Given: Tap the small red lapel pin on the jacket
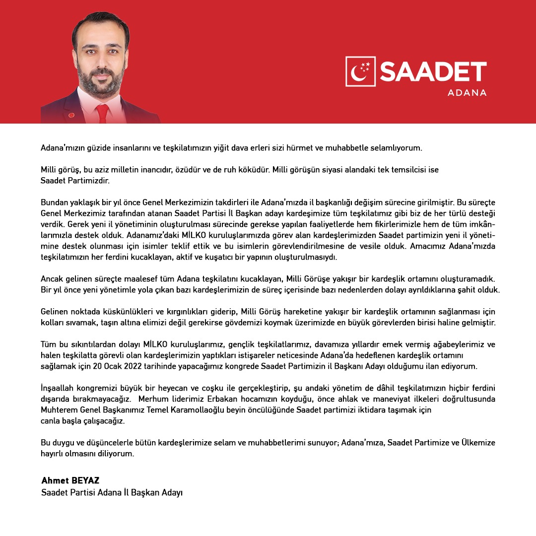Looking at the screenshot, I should [x=71, y=115].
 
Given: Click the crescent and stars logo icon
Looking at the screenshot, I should [x=361, y=71].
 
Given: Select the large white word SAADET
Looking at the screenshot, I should [x=433, y=71].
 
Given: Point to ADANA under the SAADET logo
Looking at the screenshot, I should [x=467, y=93].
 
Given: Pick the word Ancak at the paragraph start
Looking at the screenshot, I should [x=52, y=279].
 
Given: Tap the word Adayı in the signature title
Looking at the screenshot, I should [x=171, y=493].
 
